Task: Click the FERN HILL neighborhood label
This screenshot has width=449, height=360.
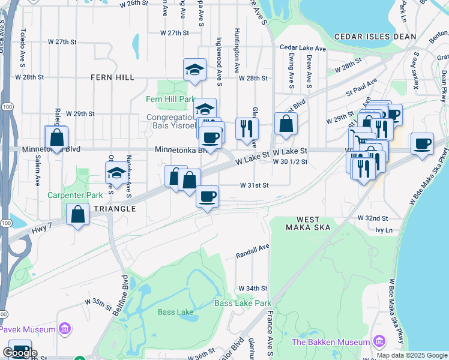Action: click(112, 77)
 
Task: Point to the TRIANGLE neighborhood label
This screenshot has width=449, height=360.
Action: click(115, 208)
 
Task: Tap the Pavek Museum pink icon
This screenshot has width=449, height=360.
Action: click(65, 329)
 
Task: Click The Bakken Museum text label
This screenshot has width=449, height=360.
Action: click(330, 342)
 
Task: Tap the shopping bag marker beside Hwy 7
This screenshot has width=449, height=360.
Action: click(78, 214)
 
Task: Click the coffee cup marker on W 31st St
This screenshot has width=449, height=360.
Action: click(208, 197)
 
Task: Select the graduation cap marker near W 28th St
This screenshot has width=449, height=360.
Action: click(194, 70)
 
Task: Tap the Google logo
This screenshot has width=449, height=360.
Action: click(20, 352)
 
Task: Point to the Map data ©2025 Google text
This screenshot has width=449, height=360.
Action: click(411, 355)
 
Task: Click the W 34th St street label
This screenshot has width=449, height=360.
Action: click(252, 289)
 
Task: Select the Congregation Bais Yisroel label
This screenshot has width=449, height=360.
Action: click(172, 122)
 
